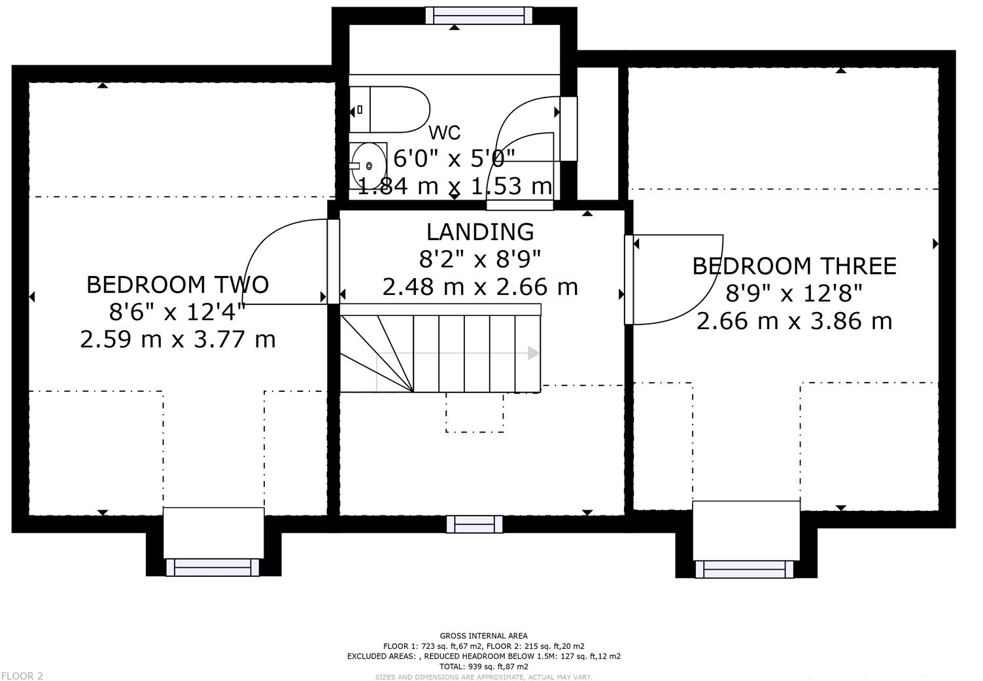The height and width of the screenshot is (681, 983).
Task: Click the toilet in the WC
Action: click(390, 109)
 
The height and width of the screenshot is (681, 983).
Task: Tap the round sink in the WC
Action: click(369, 166)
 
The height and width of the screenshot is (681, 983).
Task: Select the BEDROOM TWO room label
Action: click(177, 285)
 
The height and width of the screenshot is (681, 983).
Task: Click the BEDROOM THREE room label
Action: click(794, 266)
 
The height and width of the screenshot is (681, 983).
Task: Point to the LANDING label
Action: click(480, 232)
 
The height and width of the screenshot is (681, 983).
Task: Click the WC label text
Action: click(445, 132)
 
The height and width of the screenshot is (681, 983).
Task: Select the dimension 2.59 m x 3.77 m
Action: click(178, 340)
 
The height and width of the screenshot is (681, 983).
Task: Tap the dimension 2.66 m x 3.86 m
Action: click(794, 321)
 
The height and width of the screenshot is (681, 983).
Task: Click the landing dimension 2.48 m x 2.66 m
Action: click(480, 287)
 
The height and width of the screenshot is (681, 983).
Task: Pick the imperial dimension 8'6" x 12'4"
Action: click(177, 312)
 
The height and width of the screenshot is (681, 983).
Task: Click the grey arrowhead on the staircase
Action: click(533, 353)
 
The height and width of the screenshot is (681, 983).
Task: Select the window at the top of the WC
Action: click(479, 15)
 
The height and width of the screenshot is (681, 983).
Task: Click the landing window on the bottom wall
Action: click(474, 524)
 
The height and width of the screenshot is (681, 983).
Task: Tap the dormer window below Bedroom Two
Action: click(213, 567)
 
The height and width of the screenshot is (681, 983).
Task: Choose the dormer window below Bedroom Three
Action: click(745, 570)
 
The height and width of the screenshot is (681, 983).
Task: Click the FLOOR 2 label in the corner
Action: click(22, 676)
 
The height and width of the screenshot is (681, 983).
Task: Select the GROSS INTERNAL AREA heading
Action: click(483, 635)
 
